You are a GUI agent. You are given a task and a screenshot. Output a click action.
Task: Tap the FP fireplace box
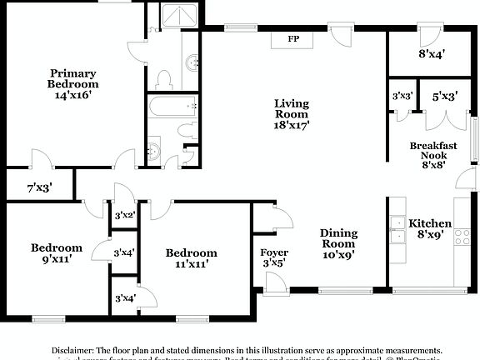(293, 39)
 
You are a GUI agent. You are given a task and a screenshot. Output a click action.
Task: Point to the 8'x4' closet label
(431, 57)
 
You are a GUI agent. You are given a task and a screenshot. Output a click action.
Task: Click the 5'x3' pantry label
(442, 97)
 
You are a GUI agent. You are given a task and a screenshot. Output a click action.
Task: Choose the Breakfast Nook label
(433, 155)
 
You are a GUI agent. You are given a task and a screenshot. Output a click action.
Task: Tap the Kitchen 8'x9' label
(430, 229)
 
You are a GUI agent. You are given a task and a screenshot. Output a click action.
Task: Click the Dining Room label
(338, 245)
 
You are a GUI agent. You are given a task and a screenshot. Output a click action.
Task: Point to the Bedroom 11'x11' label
(191, 258)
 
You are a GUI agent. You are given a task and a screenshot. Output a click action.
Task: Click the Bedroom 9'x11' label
(57, 252)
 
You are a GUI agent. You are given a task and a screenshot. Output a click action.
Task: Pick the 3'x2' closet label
(125, 215)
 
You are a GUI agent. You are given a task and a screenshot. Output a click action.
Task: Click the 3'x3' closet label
(402, 97)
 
